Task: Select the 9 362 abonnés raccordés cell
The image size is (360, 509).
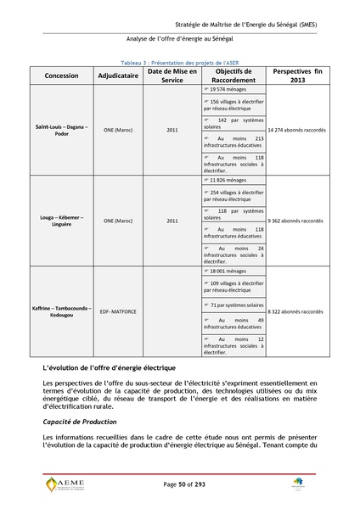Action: pos(295,221)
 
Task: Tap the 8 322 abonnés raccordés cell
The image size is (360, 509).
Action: pos(295,311)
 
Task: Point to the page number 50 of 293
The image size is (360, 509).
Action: pos(180,484)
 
